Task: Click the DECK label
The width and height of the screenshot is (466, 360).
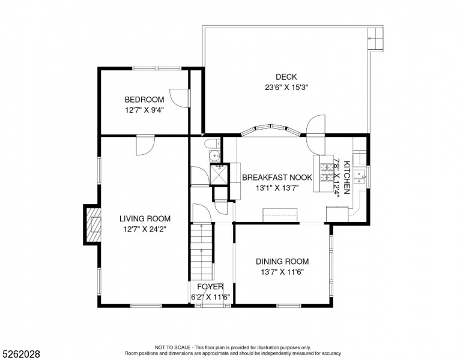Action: (286, 77)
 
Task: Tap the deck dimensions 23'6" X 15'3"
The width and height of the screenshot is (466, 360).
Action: (286, 88)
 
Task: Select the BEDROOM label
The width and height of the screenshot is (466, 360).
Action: (145, 100)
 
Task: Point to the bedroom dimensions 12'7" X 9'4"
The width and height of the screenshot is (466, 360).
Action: (145, 110)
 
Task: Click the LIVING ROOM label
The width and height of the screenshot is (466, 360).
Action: (145, 219)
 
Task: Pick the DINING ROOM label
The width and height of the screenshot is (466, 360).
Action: (282, 262)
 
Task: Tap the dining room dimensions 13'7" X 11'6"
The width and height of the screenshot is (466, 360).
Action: (282, 272)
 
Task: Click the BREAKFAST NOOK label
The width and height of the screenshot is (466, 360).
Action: (277, 178)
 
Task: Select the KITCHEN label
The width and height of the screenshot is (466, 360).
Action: (347, 178)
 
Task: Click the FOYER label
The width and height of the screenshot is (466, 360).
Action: (210, 287)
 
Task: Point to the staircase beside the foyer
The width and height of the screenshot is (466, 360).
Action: (202, 251)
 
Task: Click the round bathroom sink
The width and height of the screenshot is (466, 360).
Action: (214, 155)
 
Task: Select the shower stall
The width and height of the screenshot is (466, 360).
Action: (219, 175)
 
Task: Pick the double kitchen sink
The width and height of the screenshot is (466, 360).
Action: (360, 177)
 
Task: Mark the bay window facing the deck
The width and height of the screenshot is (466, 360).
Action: (271, 130)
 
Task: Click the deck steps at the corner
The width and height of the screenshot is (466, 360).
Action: (375, 38)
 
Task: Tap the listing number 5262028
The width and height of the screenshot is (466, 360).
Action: (21, 354)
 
